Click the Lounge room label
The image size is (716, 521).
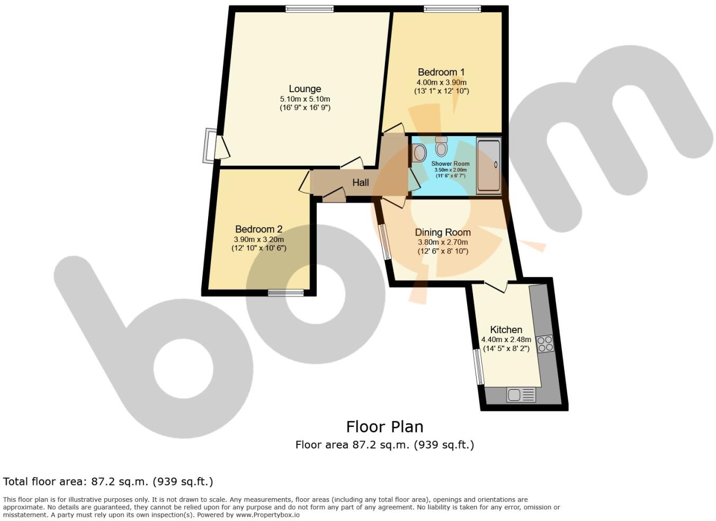(x=305, y=89)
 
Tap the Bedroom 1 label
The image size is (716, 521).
(x=441, y=72)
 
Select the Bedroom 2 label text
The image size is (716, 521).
(x=258, y=229)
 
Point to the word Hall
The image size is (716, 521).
(x=360, y=183)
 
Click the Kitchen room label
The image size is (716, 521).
(x=506, y=329)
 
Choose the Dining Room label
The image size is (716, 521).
(x=442, y=232)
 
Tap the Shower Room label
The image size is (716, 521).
(x=450, y=164)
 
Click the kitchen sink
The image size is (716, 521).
(x=521, y=395)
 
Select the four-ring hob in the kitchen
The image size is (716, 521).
(x=545, y=344)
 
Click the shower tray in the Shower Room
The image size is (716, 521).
(x=488, y=165)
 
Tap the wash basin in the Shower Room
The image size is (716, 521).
(x=419, y=154)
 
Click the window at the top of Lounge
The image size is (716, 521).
(x=309, y=8)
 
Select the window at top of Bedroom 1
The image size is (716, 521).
(x=452, y=8)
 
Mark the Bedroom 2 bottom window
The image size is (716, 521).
(x=285, y=292)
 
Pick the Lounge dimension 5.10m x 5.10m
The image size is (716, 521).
(x=305, y=99)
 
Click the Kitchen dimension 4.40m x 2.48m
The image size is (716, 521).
(x=506, y=340)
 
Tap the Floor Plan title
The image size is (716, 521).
(x=384, y=427)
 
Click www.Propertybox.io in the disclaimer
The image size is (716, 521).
(x=267, y=515)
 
